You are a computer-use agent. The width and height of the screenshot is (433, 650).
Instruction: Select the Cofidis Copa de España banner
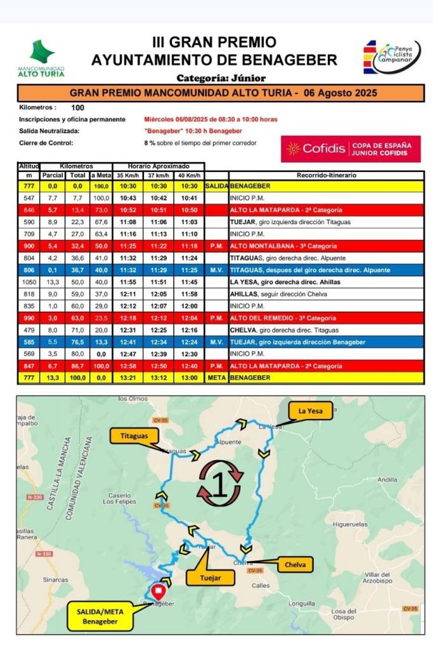350,149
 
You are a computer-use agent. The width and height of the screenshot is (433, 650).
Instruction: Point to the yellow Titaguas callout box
134,436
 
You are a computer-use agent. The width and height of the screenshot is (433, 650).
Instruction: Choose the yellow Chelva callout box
295,564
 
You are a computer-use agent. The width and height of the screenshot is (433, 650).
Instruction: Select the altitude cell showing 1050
29,282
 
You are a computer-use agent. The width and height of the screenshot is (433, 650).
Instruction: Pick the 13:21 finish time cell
127,378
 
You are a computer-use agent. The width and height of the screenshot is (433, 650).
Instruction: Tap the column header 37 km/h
158,175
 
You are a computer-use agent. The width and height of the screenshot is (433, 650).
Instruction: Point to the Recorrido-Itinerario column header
326,175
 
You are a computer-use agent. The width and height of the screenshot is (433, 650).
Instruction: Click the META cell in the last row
216,378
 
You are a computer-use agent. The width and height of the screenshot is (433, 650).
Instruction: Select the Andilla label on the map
387,480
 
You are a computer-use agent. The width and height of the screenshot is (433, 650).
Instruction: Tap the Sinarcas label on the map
56,580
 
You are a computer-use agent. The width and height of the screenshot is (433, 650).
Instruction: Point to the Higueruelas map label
350,524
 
